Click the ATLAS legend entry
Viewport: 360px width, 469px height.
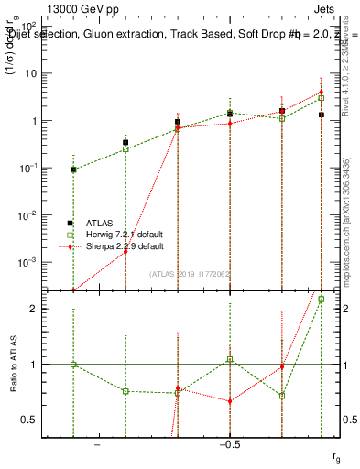tap(101, 223)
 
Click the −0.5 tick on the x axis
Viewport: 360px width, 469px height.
tap(228, 443)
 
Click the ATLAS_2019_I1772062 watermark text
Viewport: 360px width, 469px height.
tap(191, 273)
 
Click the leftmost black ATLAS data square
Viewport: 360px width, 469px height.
tap(73, 169)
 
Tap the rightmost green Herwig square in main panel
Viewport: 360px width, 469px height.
tap(321, 97)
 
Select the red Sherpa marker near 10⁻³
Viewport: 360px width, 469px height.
tap(125, 252)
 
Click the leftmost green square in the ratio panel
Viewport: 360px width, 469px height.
tap(73, 365)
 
